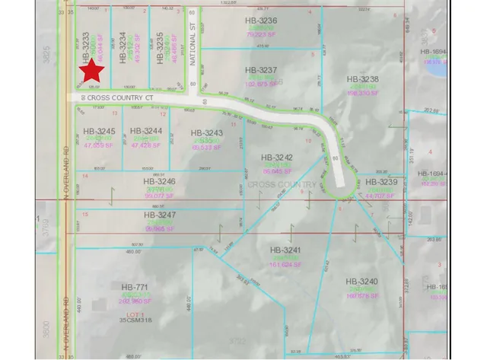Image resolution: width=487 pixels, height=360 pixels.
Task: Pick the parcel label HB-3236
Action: (262, 21)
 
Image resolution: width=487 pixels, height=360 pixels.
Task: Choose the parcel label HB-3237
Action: (262, 69)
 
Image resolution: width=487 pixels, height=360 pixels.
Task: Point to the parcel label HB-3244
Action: (146, 130)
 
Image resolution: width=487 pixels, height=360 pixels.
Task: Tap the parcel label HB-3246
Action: (159, 182)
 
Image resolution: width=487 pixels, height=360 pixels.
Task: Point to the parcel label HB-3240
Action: (362, 281)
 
